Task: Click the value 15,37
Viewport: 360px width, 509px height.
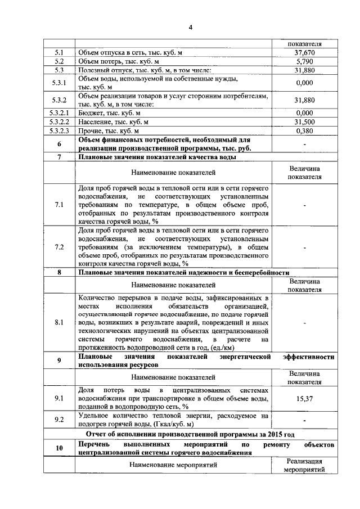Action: (x=304, y=398)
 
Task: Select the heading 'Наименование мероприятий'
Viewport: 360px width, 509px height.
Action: (x=173, y=465)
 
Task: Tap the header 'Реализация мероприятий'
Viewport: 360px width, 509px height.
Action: (x=304, y=465)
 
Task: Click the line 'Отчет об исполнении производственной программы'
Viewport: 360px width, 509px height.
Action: (x=190, y=434)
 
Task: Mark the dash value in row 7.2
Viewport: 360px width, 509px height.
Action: (x=304, y=246)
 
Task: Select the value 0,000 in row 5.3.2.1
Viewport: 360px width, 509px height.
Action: (x=304, y=112)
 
